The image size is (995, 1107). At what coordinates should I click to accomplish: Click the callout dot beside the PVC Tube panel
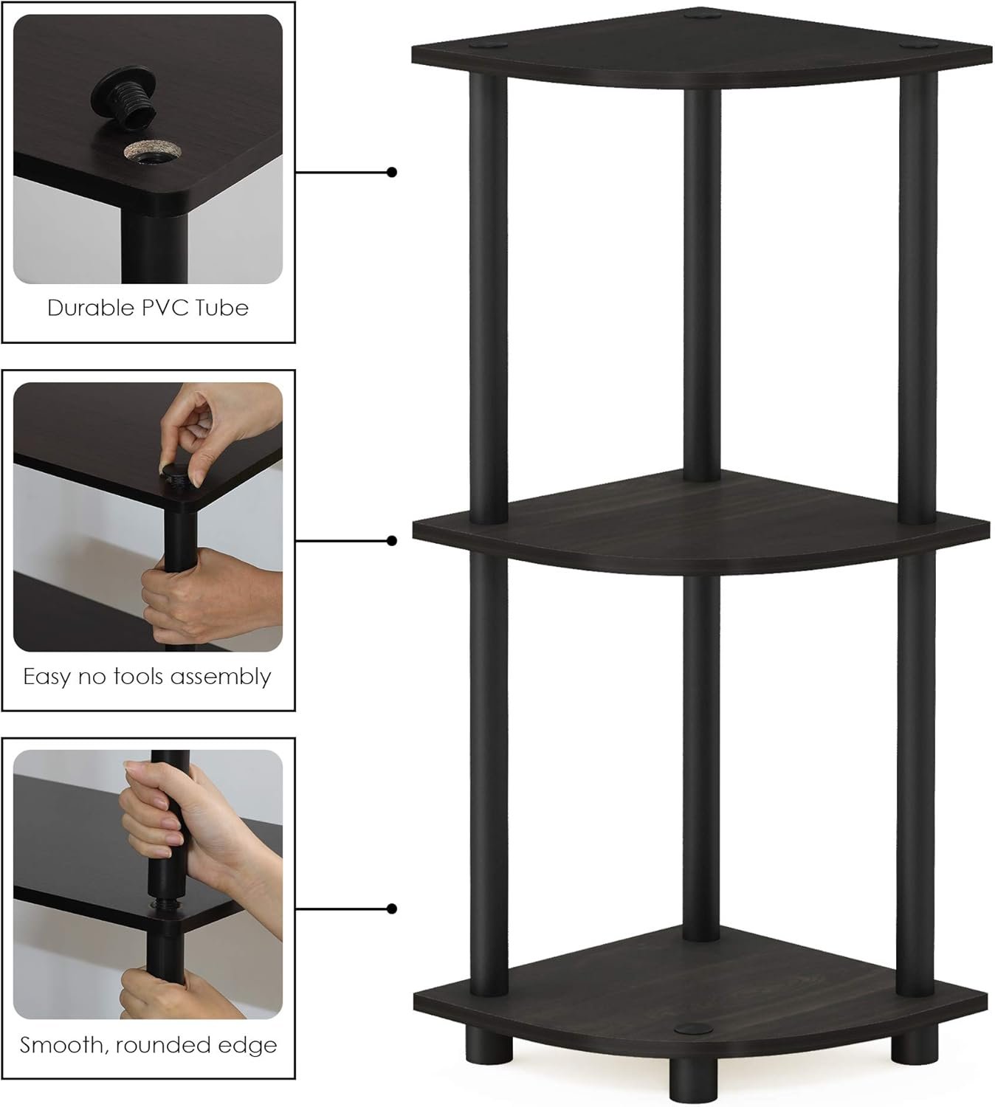[x=392, y=172]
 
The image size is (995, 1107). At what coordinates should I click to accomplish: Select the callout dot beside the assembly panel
[x=392, y=541]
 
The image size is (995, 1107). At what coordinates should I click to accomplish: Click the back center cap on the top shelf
[x=702, y=13]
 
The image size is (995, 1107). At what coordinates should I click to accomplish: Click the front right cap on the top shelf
[x=915, y=45]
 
